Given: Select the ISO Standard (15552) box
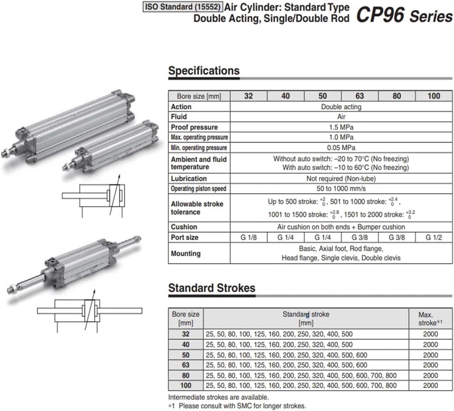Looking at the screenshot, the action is (183, 7).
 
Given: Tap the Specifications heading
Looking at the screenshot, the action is (204, 70).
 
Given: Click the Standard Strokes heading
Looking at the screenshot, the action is (212, 288).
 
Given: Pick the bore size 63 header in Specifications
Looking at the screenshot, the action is (360, 96).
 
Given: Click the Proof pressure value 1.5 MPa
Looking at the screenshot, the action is (341, 127).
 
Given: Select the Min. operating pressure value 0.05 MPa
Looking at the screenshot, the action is (341, 148).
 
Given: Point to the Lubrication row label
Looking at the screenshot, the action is (189, 179).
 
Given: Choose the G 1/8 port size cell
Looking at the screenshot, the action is (249, 238).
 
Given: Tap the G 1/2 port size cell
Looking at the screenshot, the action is (434, 238).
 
